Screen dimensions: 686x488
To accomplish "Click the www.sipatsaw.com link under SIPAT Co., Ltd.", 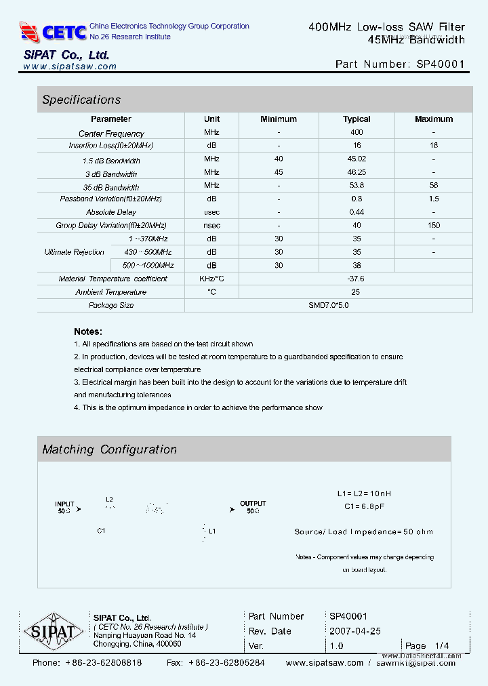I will pyautogui.click(x=70, y=66).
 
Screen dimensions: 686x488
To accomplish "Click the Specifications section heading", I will pyautogui.click(x=81, y=100).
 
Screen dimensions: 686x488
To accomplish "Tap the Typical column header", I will pyautogui.click(x=357, y=119).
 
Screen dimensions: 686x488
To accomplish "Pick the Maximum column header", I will pyautogui.click(x=434, y=119).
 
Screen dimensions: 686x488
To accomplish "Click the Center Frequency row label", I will pyautogui.click(x=111, y=134).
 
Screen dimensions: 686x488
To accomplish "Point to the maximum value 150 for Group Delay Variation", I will pyautogui.click(x=434, y=225).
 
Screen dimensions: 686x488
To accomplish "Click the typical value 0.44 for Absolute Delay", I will pyautogui.click(x=357, y=212).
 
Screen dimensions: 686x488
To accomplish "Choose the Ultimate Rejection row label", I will pyautogui.click(x=75, y=252).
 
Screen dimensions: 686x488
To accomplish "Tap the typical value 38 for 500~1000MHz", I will pyautogui.click(x=357, y=266).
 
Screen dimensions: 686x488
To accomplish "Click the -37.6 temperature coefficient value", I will pyautogui.click(x=356, y=279).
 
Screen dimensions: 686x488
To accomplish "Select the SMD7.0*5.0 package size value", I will pyautogui.click(x=329, y=305).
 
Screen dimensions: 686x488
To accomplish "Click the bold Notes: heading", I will pyautogui.click(x=88, y=331).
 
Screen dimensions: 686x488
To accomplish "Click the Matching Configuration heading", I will pyautogui.click(x=109, y=449).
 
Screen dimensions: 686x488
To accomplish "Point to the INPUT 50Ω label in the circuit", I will pyautogui.click(x=65, y=507).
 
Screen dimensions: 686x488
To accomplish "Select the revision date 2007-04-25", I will pyautogui.click(x=355, y=631).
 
